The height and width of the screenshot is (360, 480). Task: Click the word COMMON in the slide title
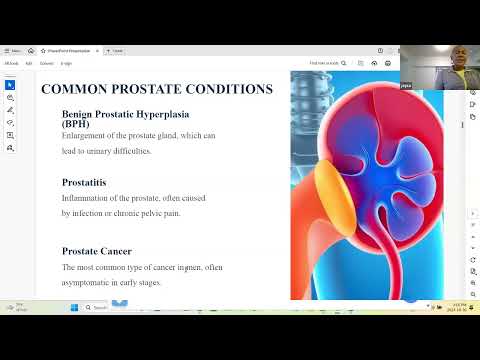(74, 89)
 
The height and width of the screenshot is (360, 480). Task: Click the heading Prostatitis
(84, 182)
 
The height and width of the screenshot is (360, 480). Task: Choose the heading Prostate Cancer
(96, 251)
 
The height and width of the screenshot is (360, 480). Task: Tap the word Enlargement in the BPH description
(84, 135)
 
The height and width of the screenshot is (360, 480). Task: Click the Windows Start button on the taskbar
(74, 307)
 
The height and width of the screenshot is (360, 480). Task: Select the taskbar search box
(110, 307)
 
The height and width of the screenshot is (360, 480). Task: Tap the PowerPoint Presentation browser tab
(71, 50)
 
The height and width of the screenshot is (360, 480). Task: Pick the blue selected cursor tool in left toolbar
(10, 85)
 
